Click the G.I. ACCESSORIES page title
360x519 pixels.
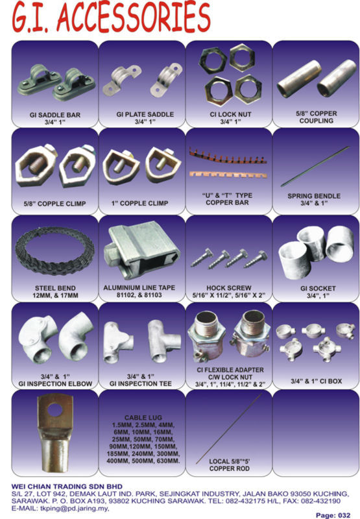point(112,17)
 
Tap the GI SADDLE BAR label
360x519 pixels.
point(55,115)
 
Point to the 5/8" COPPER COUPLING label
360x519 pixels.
point(317,117)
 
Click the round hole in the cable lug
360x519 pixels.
point(55,411)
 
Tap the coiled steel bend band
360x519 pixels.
point(54,252)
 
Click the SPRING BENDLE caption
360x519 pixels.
point(314,196)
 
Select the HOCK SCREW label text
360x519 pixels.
point(228,288)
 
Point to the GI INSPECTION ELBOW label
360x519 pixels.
point(55,383)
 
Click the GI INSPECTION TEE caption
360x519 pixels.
point(141,383)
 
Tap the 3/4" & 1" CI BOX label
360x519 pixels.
point(317,381)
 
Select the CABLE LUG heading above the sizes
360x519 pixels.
point(143,418)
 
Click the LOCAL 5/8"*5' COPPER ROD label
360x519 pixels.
point(230,465)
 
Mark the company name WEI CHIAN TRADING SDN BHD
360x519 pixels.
point(67,487)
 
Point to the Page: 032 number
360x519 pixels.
point(333,515)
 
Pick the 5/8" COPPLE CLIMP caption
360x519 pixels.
point(54,204)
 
